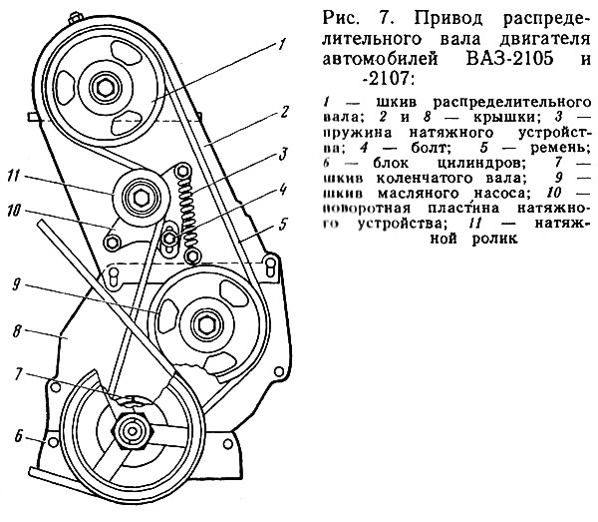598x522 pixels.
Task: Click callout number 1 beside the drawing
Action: tap(283, 44)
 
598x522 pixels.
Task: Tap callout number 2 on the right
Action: tap(284, 110)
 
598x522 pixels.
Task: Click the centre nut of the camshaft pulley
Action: tap(105, 88)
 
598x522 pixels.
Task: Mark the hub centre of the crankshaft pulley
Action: tap(129, 431)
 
